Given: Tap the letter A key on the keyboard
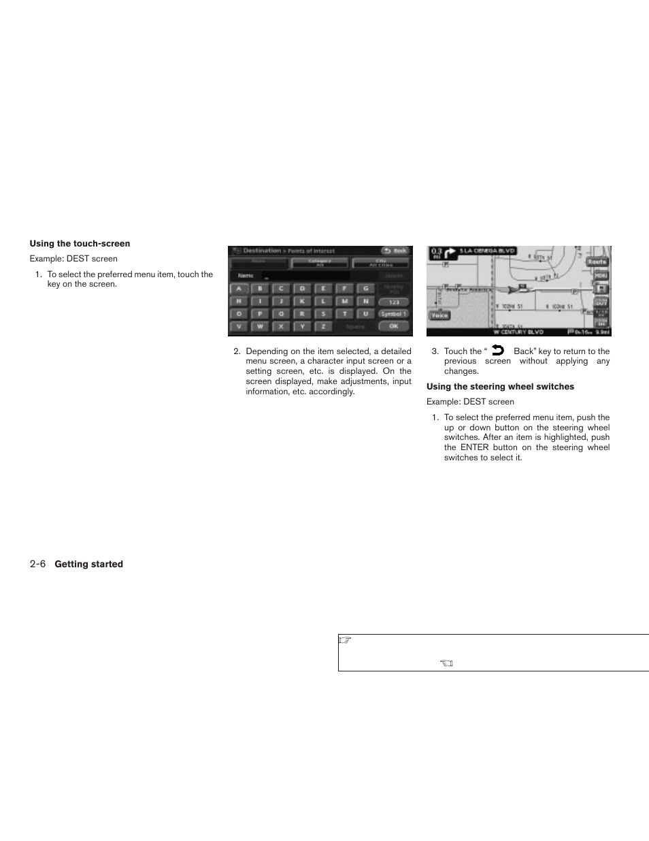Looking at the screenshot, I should point(239,289).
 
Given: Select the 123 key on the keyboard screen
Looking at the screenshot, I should point(393,302).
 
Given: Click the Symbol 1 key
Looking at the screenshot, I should point(393,314).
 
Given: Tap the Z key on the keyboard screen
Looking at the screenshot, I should point(324,327).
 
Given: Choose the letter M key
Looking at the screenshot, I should point(345,301).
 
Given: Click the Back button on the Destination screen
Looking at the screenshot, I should point(395,251).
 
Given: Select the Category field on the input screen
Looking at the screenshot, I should point(320,263).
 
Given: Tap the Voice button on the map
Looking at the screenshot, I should point(439,315).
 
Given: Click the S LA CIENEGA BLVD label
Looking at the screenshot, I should point(487,251).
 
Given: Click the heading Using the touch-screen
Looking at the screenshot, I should point(80,244).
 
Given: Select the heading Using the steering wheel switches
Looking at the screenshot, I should point(500,387).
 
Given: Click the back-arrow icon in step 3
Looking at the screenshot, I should point(498,351).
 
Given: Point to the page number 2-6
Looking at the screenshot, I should point(37,565).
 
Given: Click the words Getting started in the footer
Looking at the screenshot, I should point(88,565).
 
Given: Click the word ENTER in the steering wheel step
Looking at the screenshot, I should point(474,447).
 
